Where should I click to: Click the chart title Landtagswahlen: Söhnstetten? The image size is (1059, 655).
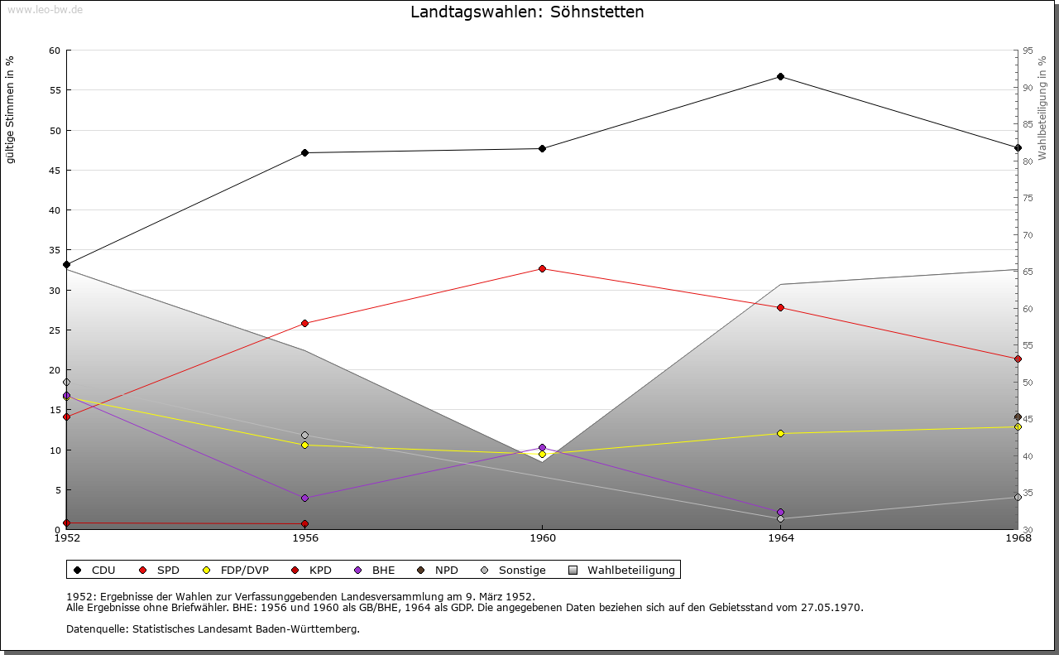click(x=527, y=12)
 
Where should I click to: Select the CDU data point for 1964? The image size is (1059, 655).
click(x=780, y=77)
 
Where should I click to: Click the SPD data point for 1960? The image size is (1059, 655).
click(x=542, y=269)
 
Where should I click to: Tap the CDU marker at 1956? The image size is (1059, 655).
click(x=304, y=153)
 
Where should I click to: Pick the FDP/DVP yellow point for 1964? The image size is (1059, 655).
click(x=780, y=434)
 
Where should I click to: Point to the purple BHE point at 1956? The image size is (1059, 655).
click(x=304, y=498)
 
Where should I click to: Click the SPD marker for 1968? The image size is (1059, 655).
click(x=1018, y=359)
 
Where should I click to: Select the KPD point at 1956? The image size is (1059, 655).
click(x=304, y=524)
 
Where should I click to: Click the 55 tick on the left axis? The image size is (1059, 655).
click(x=55, y=90)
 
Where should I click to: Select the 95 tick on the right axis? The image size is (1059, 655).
click(x=1028, y=51)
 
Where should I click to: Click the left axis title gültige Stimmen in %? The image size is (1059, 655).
click(x=11, y=109)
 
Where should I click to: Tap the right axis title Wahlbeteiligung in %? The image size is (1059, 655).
click(x=1042, y=108)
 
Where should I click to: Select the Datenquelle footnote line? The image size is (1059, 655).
click(x=213, y=629)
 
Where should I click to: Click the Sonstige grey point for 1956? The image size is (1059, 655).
click(x=304, y=436)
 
